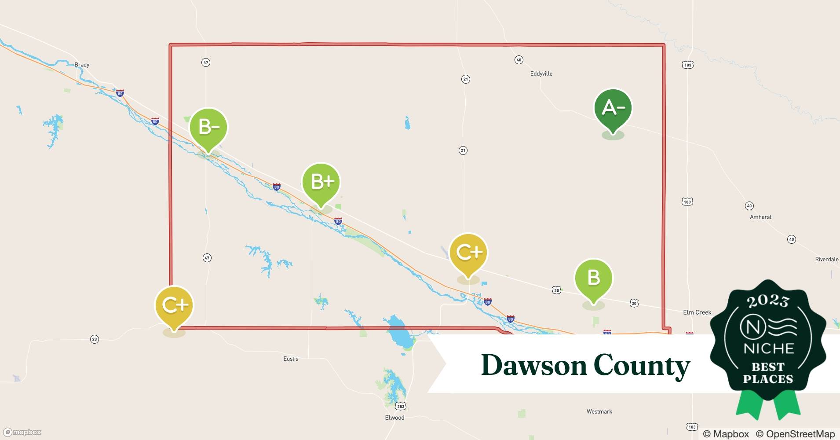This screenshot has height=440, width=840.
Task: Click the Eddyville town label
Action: pos(541,73)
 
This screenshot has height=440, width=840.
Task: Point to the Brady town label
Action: pos(82,65)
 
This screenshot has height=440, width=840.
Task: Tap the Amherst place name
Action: pos(760,217)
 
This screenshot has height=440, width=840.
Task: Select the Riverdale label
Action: pos(826,259)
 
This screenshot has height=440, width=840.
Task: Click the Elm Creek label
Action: pos(697,312)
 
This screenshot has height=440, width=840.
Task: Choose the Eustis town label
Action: pos(291,359)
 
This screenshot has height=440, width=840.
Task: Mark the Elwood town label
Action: pos(394,418)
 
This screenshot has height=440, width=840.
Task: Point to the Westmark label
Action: pos(599,411)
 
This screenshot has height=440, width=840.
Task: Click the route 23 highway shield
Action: pos(95,339)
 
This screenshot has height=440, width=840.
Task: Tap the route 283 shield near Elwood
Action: pos(400,406)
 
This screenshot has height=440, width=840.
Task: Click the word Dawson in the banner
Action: pos(534,365)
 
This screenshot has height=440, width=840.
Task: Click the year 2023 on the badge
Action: pos(768,301)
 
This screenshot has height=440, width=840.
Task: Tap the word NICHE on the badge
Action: pos(768,349)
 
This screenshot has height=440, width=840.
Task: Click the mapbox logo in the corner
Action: pos(22,432)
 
